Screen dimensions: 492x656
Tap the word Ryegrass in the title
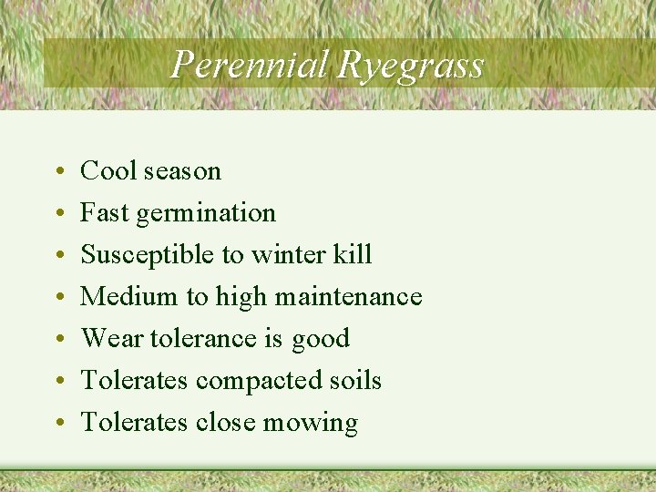(410, 66)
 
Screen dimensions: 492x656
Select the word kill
(352, 254)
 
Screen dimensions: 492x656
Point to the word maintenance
(353, 296)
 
